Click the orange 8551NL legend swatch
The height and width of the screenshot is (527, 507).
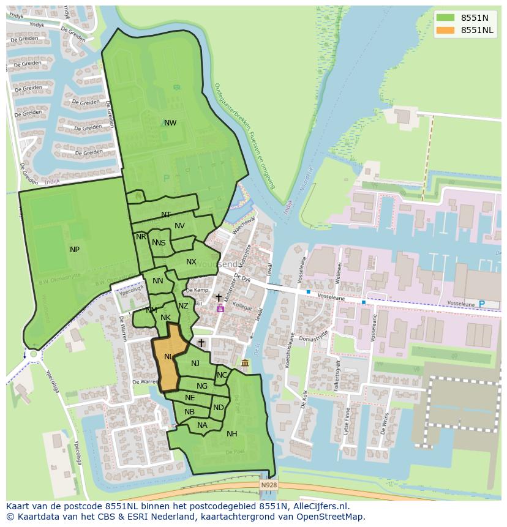pos(446,30)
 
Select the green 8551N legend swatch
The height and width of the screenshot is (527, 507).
pos(446,18)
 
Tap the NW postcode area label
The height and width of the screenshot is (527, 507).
pos(170,123)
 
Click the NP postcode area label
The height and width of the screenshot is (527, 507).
pos(75,249)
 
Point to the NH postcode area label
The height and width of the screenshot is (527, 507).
pos(232,434)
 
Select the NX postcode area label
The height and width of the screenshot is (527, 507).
pos(192,262)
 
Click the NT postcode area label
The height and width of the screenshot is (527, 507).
pos(166,215)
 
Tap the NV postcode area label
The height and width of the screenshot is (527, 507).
pos(179,226)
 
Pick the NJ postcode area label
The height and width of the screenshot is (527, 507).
pos(195,364)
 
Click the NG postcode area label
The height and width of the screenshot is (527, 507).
pos(202,386)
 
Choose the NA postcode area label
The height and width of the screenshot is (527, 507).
pos(202,425)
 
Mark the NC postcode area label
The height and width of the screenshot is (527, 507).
pos(222,375)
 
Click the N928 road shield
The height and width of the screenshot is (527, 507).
pos(268,485)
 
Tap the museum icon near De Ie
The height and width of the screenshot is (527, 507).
pos(245,364)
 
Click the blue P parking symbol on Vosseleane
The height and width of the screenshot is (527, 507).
pos(481,304)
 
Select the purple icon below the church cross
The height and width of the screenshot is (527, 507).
pos(220,309)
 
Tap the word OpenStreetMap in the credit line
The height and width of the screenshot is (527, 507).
pos(333,517)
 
